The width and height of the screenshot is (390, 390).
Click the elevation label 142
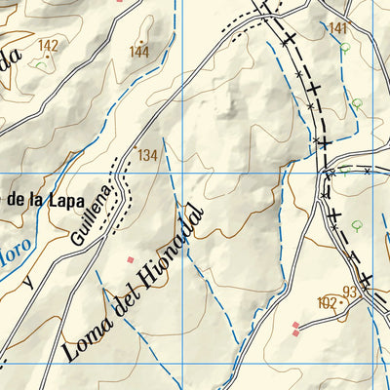click(48, 46)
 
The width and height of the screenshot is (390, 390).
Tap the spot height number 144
click(139, 53)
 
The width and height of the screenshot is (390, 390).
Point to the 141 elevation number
click(338, 28)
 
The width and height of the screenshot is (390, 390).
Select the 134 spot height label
click(147, 155)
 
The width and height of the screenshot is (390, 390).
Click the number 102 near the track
click(326, 303)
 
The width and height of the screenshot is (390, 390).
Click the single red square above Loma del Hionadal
click(131, 260)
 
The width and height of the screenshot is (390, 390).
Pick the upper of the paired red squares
click(295, 325)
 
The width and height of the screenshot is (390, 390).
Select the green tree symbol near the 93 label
click(356, 223)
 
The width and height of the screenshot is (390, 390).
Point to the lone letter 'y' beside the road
click(28, 283)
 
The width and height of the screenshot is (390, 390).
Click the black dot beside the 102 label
click(339, 303)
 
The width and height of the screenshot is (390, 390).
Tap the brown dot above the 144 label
click(139, 42)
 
